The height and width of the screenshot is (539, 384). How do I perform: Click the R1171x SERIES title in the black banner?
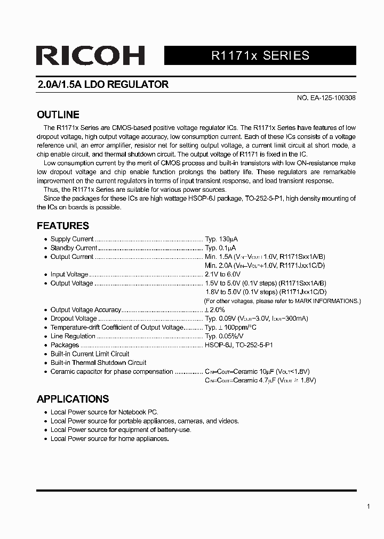coord(260,56)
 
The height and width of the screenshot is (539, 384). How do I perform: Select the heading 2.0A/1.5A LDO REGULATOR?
coord(102,85)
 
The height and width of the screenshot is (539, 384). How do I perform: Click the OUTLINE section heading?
coord(58,115)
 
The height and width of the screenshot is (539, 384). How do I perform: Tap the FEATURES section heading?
coord(62,225)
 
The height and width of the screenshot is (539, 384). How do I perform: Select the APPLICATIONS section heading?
coord(73,399)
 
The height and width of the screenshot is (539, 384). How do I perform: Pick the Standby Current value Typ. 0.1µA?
coord(220,248)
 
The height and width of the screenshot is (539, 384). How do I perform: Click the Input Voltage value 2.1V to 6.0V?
coord(226,274)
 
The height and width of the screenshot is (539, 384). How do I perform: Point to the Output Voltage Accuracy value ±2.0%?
coord(215,309)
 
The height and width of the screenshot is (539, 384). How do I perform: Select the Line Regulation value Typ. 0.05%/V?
coord(224,336)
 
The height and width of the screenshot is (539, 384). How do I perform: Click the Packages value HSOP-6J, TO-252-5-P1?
coord(239,345)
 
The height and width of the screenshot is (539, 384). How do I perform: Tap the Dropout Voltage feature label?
coord(74,318)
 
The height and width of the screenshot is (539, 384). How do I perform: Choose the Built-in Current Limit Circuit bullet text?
coord(90,354)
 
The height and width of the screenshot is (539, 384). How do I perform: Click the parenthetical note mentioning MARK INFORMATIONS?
coord(282,301)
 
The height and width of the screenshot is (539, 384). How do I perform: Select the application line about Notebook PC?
coord(104,412)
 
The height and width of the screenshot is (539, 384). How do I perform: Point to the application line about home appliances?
coord(109,439)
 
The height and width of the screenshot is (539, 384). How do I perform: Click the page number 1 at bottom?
coord(369,507)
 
